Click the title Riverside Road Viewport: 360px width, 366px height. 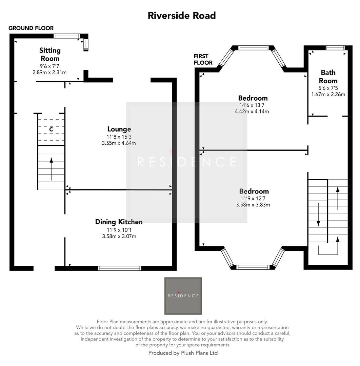pos(182,16)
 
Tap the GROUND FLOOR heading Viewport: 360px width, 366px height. pos(31,28)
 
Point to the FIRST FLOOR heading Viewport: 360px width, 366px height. pos(203,59)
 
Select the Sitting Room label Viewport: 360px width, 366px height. pos(50,54)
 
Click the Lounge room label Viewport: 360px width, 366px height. pos(119,129)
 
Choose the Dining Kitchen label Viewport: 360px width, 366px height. pos(119,222)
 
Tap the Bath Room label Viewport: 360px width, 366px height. pos(328,76)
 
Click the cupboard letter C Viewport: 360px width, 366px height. pos(51,129)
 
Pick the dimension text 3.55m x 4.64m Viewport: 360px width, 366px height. pos(119,143)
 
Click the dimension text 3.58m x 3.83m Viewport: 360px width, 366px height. pos(253,205)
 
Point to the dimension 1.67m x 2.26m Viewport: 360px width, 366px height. pos(328,94)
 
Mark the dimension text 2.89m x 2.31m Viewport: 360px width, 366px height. pos(49,72)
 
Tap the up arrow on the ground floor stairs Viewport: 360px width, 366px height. pos(51,168)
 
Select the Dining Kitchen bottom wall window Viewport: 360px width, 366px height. pos(119,268)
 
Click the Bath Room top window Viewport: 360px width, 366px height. pos(335,48)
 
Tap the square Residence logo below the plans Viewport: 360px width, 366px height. pos(183,296)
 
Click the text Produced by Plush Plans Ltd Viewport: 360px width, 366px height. pos(183,353)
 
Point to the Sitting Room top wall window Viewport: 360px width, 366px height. pos(67,36)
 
